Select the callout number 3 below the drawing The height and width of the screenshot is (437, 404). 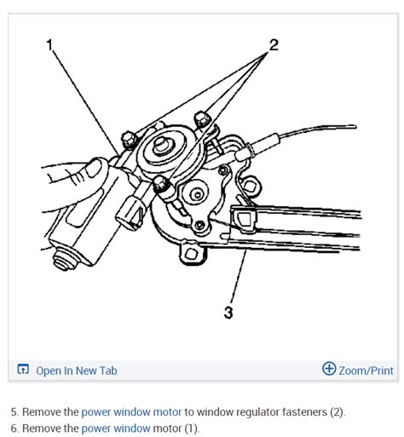[228, 313]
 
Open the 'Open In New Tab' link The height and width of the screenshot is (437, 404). [76, 371]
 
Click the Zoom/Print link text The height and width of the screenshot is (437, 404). [366, 371]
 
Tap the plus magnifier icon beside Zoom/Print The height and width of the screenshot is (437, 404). [329, 369]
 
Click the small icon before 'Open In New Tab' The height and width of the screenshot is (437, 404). [23, 371]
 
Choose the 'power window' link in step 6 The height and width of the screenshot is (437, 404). [114, 428]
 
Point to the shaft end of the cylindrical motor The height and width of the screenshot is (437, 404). [61, 253]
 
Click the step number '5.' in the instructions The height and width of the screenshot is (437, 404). [14, 411]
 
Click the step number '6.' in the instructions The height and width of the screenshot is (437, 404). [14, 428]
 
